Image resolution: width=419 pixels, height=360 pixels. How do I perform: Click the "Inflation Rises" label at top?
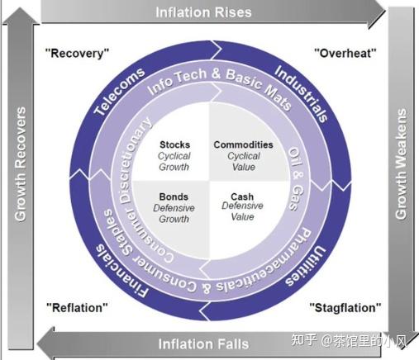tap(203, 12)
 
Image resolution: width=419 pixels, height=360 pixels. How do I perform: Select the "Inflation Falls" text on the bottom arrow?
tap(203, 344)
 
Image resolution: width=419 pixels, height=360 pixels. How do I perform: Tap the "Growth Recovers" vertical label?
tap(21, 164)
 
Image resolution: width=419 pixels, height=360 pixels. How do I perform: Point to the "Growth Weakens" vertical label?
tap(401, 164)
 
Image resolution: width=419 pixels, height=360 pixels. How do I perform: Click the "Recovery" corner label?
tap(77, 53)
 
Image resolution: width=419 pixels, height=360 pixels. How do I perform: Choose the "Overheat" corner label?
tap(345, 53)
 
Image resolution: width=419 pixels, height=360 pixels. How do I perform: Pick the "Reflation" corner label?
tap(77, 307)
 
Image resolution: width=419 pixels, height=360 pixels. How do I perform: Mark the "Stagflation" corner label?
tap(345, 307)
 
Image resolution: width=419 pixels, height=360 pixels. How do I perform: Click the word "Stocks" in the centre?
tap(175, 144)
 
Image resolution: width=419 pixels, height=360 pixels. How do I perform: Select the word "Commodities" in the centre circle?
tap(244, 144)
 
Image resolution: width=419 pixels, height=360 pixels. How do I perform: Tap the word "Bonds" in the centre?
tap(174, 197)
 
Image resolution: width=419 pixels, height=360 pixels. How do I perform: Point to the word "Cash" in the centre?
tap(242, 197)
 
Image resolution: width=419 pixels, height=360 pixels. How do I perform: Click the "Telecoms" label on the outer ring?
tap(119, 92)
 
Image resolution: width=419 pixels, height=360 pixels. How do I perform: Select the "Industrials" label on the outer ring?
tap(301, 93)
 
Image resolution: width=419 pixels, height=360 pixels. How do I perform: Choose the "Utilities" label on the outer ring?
tap(306, 267)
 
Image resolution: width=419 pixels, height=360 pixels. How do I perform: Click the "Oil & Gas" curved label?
tap(296, 179)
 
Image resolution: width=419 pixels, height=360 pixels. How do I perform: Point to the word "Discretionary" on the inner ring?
tap(135, 160)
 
